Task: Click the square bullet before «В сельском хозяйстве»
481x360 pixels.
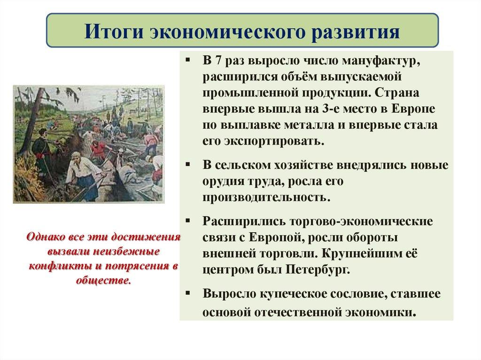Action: [x=187, y=166]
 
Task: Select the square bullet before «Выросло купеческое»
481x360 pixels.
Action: [x=187, y=293]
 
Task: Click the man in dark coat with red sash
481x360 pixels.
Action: [x=41, y=150]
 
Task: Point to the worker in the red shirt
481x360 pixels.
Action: [x=98, y=153]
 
